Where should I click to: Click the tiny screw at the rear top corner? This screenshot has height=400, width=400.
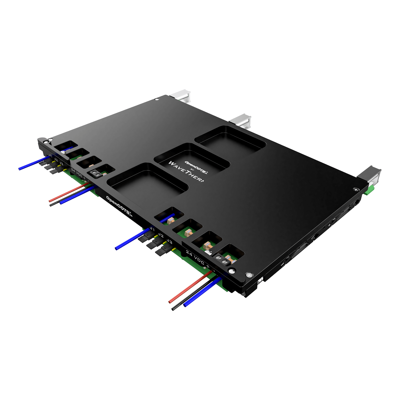pos(157,99)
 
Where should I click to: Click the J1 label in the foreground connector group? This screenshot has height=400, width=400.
pos(152,229)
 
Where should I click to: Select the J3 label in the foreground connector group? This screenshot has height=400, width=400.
pos(169,242)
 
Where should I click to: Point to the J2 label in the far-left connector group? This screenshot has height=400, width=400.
pos(56,160)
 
